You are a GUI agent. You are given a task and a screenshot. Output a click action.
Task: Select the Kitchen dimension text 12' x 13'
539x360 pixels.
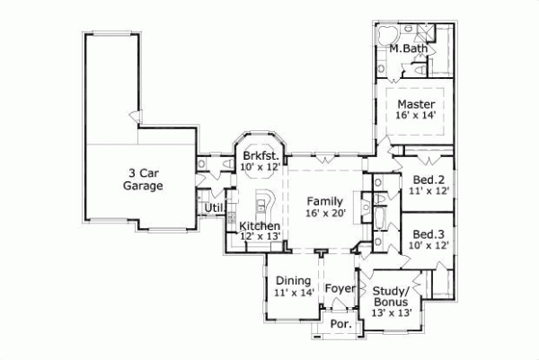click(261, 236)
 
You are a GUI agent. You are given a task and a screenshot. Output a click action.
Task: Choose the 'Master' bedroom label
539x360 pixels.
click(416, 103)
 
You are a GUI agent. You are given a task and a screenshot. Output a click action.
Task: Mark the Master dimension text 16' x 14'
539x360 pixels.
click(416, 116)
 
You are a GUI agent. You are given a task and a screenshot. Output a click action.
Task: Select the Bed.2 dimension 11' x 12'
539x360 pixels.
click(429, 190)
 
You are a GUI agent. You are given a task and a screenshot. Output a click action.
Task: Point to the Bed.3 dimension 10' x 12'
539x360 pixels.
click(429, 244)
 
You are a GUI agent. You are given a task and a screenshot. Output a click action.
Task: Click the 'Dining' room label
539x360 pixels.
click(293, 280)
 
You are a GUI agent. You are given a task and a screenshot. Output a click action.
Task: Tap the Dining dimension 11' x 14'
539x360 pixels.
click(293, 293)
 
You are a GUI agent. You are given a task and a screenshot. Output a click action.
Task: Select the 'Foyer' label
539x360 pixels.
click(340, 288)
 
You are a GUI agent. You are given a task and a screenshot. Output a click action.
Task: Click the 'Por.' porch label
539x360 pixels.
click(340, 324)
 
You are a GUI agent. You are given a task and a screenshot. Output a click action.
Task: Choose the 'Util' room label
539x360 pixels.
click(214, 209)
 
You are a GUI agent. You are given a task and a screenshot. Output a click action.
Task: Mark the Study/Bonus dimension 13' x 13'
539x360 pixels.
click(392, 313)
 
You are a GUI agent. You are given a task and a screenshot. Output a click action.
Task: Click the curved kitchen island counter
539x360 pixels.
click(266, 199)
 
